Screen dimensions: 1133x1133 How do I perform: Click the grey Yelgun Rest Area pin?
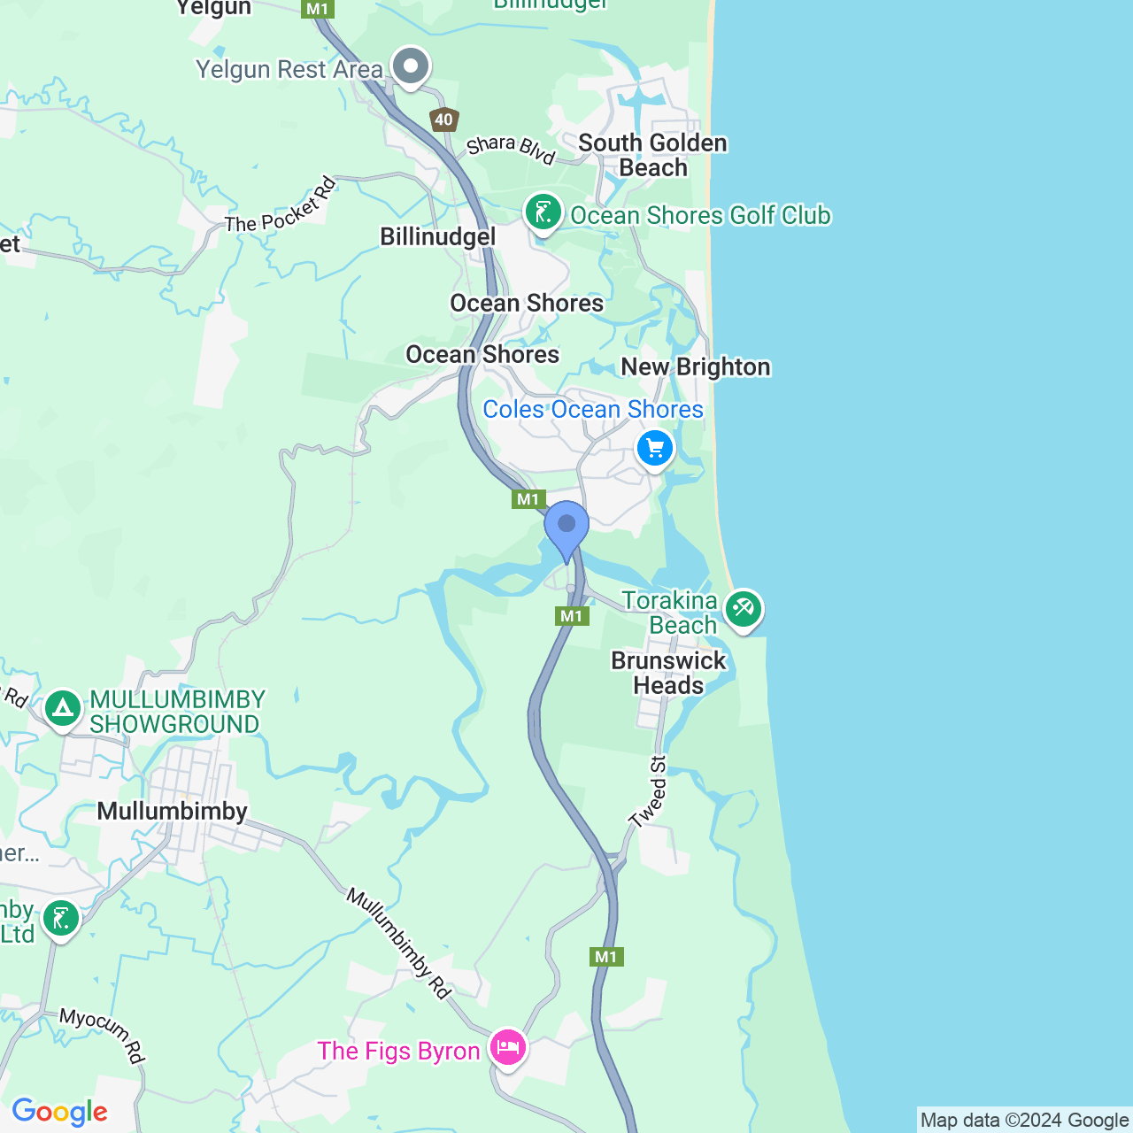coord(411,66)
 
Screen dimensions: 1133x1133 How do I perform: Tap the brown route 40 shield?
coord(443,119)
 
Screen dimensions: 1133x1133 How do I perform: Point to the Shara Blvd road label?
coord(511,149)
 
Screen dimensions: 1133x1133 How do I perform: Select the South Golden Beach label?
coord(652,155)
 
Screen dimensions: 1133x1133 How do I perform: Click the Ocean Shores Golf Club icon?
coord(543,213)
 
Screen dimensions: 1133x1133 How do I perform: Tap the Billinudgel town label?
coord(438,236)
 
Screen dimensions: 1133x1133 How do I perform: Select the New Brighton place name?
coord(696,366)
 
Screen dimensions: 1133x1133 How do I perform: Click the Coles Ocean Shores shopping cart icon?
coord(655,450)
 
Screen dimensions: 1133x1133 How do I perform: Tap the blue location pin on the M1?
coord(566,527)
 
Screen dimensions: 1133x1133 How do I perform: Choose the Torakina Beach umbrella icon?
coord(744,609)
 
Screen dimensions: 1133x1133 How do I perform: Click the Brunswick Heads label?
coord(668,673)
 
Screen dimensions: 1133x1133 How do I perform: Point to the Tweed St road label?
coord(648,792)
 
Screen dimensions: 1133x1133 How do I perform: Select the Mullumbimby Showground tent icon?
coord(63,708)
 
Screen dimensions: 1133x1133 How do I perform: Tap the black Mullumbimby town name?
coord(172,811)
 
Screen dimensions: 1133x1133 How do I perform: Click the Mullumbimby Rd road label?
coord(399,944)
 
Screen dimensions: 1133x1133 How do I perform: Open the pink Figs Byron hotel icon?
coord(508,1048)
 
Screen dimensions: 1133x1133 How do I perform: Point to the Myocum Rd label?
coord(102,1035)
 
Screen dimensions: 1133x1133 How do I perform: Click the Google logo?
coord(59,1112)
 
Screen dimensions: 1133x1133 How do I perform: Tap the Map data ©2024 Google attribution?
coord(1024,1120)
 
